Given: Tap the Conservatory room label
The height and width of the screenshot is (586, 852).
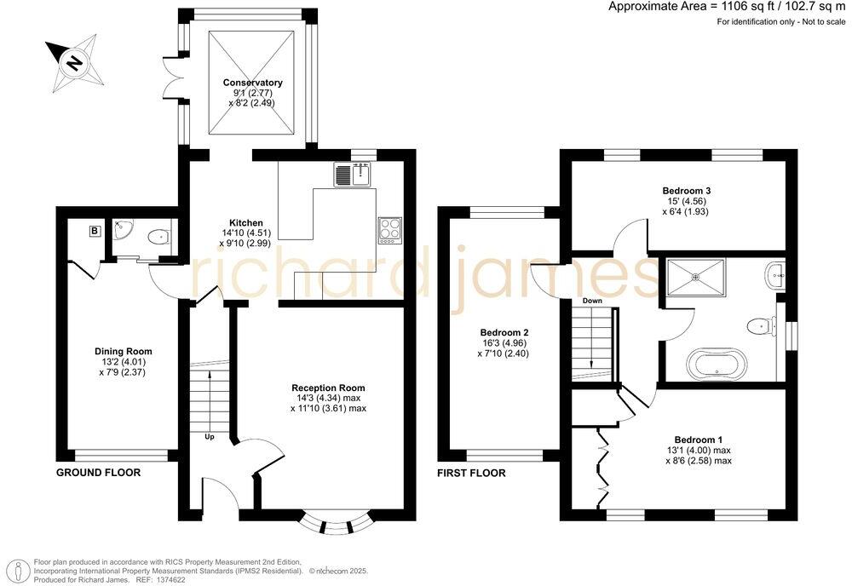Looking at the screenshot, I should (x=253, y=83).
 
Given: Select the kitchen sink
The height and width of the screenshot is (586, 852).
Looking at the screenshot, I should (x=351, y=175).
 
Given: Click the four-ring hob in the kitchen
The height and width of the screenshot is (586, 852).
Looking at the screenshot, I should (x=390, y=228).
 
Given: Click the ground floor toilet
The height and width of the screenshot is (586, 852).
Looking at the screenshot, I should (x=157, y=236).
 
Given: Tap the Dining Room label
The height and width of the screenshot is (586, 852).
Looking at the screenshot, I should (x=124, y=350).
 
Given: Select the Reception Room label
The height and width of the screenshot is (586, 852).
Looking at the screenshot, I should (x=328, y=388).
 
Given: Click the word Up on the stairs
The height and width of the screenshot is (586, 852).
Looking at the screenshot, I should (x=209, y=437).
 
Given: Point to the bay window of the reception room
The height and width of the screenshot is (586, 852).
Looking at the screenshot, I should (x=337, y=520).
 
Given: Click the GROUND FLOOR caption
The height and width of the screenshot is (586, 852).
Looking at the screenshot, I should (x=98, y=472).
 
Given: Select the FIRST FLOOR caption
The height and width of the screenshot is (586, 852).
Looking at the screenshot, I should (x=471, y=473).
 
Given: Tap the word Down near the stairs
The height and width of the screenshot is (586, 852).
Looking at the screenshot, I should (x=593, y=302).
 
